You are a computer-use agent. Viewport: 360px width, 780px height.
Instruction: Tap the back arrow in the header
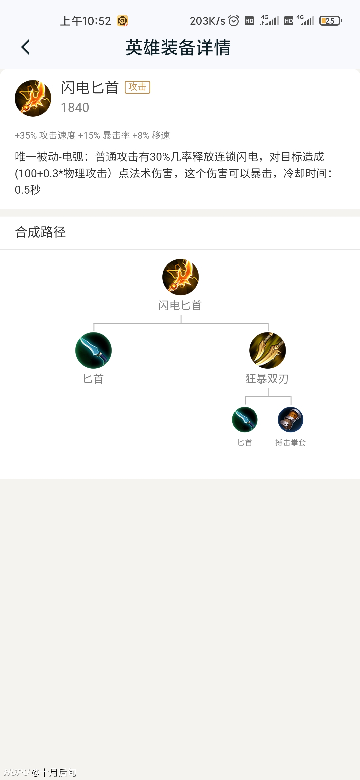25,47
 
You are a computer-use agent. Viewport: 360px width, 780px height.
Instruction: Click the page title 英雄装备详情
178,47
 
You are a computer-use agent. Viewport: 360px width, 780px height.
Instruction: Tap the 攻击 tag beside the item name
137,87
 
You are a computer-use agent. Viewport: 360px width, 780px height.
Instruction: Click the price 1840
75,107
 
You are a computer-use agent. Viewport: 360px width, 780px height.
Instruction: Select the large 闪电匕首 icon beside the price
33,98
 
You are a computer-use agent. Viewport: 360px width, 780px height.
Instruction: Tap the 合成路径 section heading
40,232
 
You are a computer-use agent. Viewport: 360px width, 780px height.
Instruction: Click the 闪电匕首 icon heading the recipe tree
180,277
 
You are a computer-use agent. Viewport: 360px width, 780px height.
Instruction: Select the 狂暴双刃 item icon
268,350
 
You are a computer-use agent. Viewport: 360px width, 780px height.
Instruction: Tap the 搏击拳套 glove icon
290,420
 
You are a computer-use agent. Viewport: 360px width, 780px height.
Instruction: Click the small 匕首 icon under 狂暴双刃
245,420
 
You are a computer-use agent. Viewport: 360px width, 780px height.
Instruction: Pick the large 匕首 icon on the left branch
93,350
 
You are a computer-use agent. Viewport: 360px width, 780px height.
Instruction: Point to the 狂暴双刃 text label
267,379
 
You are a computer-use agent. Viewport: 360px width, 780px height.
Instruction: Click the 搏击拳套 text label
290,442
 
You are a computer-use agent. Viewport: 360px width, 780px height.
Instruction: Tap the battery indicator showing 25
330,21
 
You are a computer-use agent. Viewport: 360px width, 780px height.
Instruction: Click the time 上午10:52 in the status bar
85,21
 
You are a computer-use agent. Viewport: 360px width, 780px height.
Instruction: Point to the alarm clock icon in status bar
233,21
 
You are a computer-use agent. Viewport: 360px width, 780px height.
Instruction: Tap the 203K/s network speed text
207,21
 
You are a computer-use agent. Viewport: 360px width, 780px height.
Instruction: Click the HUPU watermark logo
17,772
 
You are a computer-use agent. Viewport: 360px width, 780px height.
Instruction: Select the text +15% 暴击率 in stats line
104,135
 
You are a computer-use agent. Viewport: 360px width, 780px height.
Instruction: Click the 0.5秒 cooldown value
28,190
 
